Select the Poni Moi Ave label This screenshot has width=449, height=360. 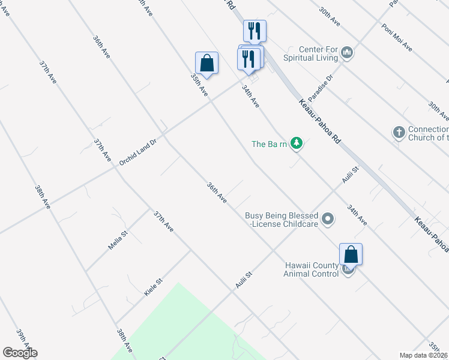point(397,37)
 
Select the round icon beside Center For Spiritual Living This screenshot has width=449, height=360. point(347,54)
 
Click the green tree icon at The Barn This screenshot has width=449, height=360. point(296,143)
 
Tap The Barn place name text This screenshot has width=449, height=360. point(269,144)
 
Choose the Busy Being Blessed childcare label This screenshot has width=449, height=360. point(281,220)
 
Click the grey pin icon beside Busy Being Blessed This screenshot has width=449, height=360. point(328,220)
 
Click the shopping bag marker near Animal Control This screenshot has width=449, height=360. point(351,255)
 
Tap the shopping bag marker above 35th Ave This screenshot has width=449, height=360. point(206,63)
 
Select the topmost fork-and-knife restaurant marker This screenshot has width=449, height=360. point(255,30)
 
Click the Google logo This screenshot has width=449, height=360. point(20,353)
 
